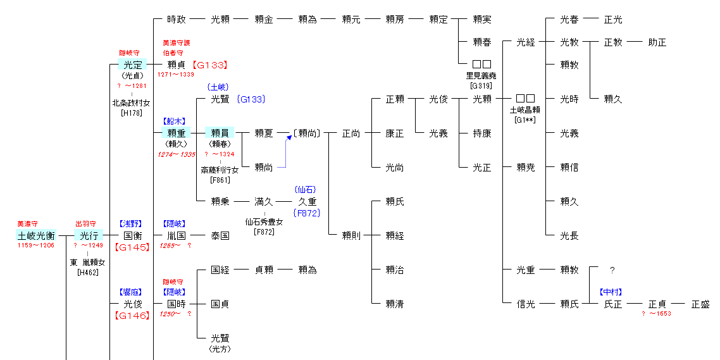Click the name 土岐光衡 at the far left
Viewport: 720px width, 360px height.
[x=35, y=235]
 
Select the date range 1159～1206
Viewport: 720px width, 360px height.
[x=35, y=245]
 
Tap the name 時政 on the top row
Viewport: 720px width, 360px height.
[x=177, y=20]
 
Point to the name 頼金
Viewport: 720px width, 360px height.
[x=264, y=20]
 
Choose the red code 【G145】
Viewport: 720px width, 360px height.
[x=132, y=247]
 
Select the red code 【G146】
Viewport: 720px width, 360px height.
[x=132, y=315]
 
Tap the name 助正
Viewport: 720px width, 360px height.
[x=657, y=42]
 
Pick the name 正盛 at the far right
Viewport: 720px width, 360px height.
[x=700, y=304]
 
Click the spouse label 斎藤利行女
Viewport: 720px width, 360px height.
[x=220, y=170]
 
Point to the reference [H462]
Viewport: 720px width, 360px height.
[x=88, y=273]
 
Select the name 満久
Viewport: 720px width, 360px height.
[x=264, y=202]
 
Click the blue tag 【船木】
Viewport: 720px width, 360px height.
[x=176, y=120]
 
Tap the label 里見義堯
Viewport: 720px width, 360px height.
[x=482, y=75]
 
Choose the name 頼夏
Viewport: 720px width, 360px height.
[x=264, y=133]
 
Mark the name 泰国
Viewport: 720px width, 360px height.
[x=220, y=236]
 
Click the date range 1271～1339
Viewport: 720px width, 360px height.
[x=176, y=75]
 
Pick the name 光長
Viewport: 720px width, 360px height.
[x=569, y=236]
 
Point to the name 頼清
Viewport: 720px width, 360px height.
[x=395, y=304]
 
